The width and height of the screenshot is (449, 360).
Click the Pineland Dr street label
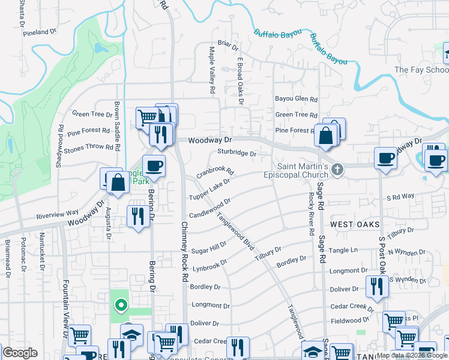(40, 32)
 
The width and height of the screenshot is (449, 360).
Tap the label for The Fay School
(421, 70)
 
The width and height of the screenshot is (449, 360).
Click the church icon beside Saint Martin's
(337, 170)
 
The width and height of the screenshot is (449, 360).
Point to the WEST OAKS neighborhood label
(355, 224)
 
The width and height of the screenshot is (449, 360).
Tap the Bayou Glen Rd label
(296, 99)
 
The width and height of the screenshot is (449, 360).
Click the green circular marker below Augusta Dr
(121, 306)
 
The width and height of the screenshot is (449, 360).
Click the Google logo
(20, 353)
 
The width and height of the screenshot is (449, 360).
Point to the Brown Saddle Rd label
(118, 127)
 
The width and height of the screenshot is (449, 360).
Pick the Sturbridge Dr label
(237, 153)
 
